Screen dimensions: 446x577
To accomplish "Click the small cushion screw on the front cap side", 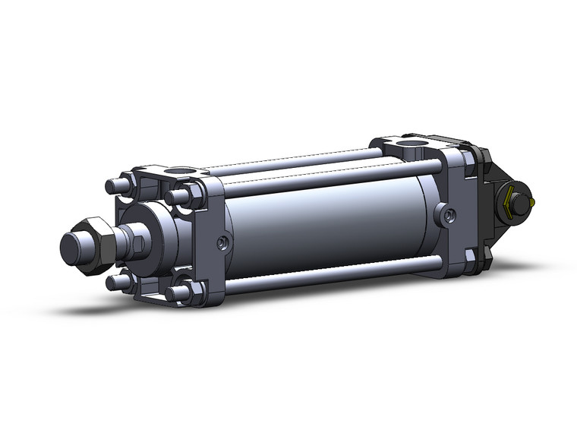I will coord(221,242).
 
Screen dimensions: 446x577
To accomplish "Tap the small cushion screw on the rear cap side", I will coord(448,216).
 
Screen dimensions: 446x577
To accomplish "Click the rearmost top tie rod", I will coord(304,159).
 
